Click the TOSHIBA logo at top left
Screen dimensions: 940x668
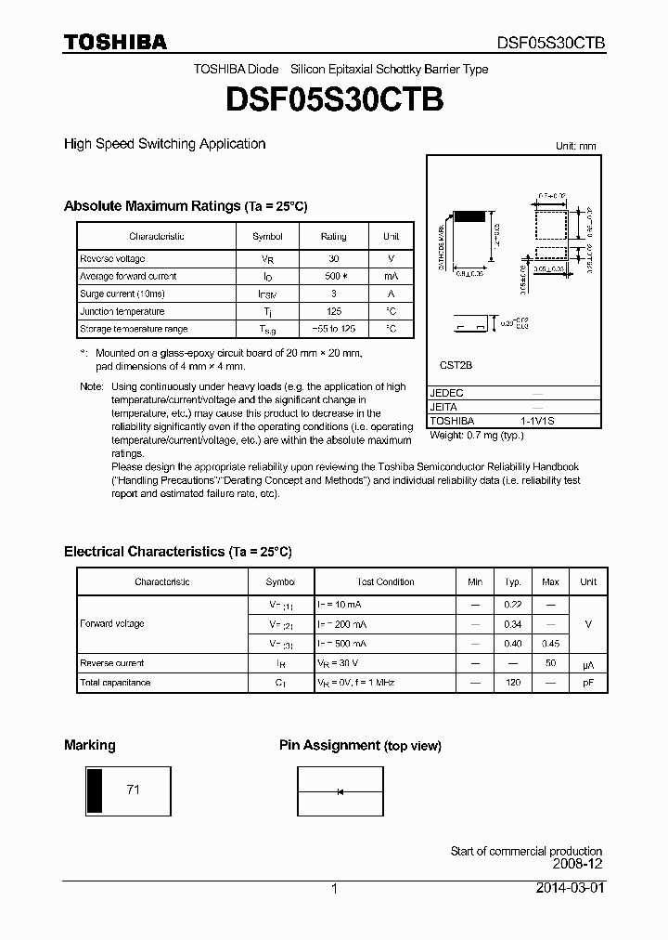click(x=115, y=43)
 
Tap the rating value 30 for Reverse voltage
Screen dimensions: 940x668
click(x=333, y=259)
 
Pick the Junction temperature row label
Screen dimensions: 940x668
click(x=122, y=312)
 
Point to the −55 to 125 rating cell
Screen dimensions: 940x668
click(x=333, y=330)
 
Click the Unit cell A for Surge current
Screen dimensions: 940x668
click(x=391, y=294)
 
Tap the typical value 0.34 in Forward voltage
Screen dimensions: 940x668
click(x=512, y=624)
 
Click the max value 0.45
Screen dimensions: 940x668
click(x=550, y=644)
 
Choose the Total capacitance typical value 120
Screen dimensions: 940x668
click(x=512, y=683)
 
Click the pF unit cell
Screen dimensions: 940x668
click(x=588, y=683)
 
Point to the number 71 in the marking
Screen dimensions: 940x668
click(x=133, y=790)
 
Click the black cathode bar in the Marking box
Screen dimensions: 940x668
click(x=94, y=790)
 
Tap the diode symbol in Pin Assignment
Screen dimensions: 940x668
click(x=340, y=791)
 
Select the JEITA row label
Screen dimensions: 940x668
click(x=443, y=407)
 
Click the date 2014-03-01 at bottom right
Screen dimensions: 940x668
click(x=571, y=888)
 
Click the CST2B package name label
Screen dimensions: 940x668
click(x=449, y=366)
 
